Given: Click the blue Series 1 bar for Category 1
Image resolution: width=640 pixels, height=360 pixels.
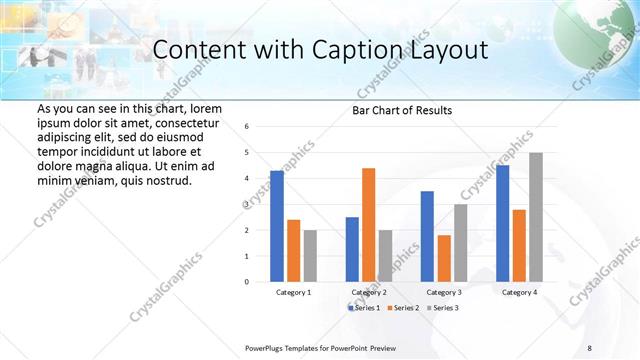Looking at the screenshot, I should [x=277, y=226].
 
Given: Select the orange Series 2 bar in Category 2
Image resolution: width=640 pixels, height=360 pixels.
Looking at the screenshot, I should [x=368, y=225].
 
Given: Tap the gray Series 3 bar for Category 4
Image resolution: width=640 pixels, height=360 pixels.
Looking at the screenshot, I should [x=536, y=217].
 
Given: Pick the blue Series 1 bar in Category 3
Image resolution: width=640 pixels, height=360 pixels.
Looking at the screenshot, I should [x=427, y=236].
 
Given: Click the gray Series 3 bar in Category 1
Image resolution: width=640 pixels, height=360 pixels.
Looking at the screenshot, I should [x=310, y=256].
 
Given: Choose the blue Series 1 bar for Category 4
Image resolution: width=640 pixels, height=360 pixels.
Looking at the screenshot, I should [x=502, y=223].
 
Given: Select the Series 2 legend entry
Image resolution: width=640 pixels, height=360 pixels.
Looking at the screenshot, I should [x=403, y=307].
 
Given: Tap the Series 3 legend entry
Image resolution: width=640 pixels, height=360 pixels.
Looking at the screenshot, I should [x=441, y=307].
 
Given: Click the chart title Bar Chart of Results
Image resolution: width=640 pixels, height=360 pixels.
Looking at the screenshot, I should [x=402, y=110].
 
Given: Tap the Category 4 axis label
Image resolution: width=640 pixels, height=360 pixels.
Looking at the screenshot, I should [x=519, y=292].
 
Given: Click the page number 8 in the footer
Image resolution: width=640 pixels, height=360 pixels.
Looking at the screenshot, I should [x=590, y=347].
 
